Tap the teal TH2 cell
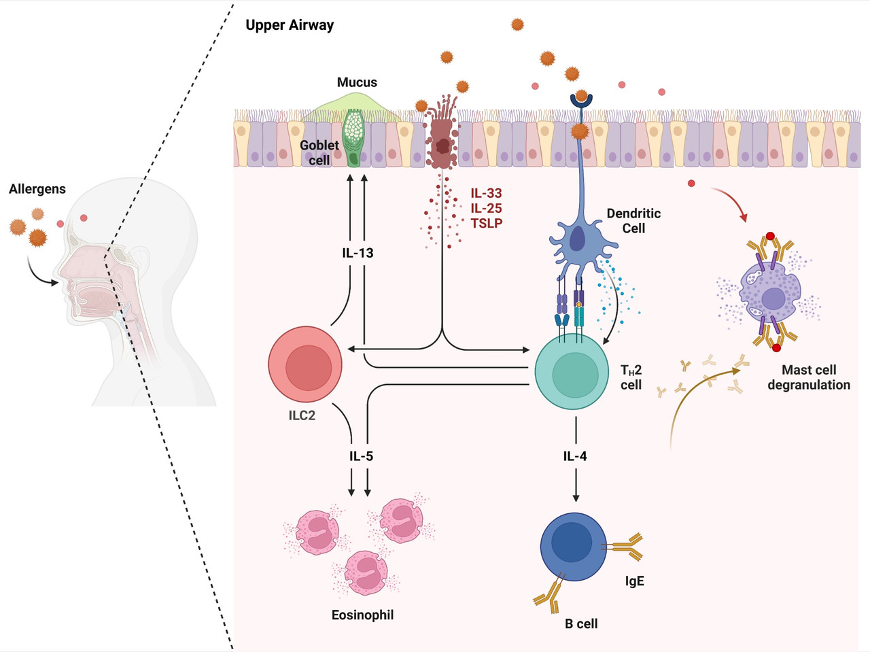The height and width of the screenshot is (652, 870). pos(572,372)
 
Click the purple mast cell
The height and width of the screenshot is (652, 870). pos(771,294)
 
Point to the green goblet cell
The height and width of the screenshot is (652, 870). pos(354,138)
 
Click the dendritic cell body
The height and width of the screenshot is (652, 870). pos(576,241)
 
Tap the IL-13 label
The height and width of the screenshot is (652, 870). pos(358,253)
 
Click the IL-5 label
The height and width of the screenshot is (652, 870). pos(361,456)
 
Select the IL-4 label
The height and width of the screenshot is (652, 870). pos(575,456)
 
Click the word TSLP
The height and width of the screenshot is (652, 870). pos(487,223)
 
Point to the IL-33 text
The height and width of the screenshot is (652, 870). pos(486,194)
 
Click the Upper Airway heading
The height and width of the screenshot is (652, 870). pos(290,26)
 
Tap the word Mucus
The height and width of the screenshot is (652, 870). pos(357,82)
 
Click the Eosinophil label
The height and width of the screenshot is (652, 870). pos(362,615)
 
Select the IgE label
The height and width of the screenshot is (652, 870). pos(634,581)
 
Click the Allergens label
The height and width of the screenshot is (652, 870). pos(37,189)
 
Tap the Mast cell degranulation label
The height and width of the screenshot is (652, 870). pos(809,377)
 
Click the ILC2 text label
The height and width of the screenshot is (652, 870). pos(302,415)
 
